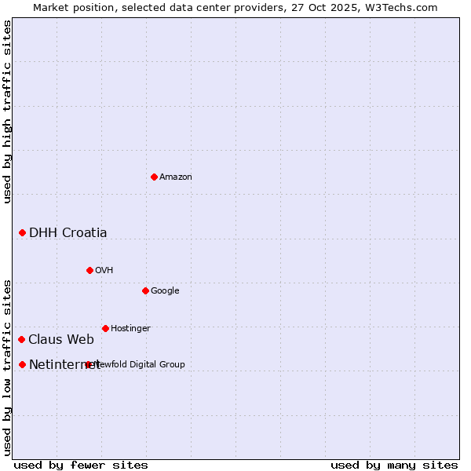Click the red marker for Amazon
coord(154,177)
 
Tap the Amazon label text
coord(176,177)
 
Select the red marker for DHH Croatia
coord(22,232)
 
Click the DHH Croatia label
coord(68,232)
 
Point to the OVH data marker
coord(89,270)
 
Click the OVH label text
coord(104,271)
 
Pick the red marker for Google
coord(145,290)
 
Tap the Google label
coord(165,291)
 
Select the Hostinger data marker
coord(105,328)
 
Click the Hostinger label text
coord(130,329)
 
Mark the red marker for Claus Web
coord(21,339)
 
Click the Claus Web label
coord(61,340)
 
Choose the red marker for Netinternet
coord(22,364)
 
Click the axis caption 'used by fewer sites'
coord(81,465)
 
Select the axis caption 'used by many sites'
coord(394,465)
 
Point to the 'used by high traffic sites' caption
coord(7,111)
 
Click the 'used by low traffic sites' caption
coord(7,367)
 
